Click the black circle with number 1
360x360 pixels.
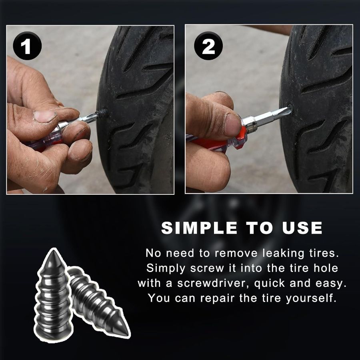(27, 46)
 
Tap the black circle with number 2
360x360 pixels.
(208, 46)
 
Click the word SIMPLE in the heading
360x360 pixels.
(199, 228)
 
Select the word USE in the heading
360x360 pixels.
(302, 228)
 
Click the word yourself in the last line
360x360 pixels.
(311, 298)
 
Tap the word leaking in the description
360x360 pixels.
(284, 253)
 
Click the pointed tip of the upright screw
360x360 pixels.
(54, 250)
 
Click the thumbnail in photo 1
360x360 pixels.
(45, 116)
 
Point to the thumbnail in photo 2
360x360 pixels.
(232, 124)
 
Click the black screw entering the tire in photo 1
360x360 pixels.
(102, 113)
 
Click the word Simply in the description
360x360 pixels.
(166, 268)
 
